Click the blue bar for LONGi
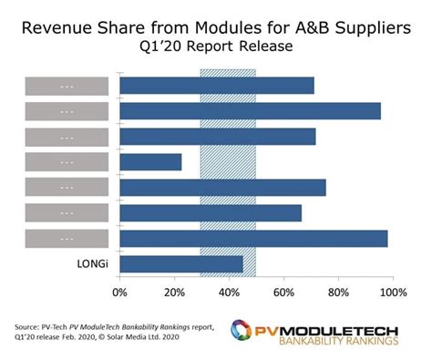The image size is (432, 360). (181, 263)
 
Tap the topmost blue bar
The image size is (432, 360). (217, 86)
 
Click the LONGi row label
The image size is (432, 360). (67, 264)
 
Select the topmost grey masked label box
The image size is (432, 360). (67, 86)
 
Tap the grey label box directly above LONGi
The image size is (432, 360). (67, 238)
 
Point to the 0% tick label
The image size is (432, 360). (119, 293)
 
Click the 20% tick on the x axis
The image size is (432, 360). (174, 293)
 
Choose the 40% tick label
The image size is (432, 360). (229, 293)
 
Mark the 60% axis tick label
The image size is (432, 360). (283, 293)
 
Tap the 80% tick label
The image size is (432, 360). (338, 293)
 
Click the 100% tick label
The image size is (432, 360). (393, 293)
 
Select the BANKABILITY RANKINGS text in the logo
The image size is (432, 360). (337, 343)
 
